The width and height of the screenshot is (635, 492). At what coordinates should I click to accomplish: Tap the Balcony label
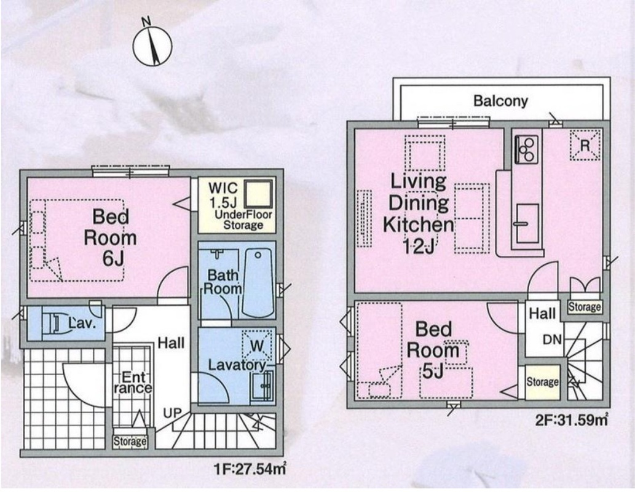tap(500, 100)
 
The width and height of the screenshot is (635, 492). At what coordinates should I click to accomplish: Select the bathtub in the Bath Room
tap(258, 283)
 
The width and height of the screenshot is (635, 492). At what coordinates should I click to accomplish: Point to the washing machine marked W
tap(257, 346)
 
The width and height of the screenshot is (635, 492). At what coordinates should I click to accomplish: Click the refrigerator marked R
tap(585, 145)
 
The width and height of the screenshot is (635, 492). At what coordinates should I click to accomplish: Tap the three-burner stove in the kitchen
tap(526, 149)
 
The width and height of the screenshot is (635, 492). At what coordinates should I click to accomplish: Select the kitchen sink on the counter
tap(527, 223)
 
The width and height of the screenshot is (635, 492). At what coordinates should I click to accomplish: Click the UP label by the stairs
tap(173, 413)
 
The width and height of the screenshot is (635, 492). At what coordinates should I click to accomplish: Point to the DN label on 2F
tap(552, 339)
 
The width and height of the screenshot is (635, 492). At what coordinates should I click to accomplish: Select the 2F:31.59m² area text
tap(572, 419)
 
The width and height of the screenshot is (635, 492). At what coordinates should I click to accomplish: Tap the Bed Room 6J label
tap(110, 237)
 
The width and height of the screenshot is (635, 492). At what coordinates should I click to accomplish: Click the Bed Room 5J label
tap(433, 350)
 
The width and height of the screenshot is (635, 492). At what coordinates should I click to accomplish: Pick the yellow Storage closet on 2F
tap(543, 382)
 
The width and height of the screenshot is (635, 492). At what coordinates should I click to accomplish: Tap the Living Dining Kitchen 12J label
tap(419, 213)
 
